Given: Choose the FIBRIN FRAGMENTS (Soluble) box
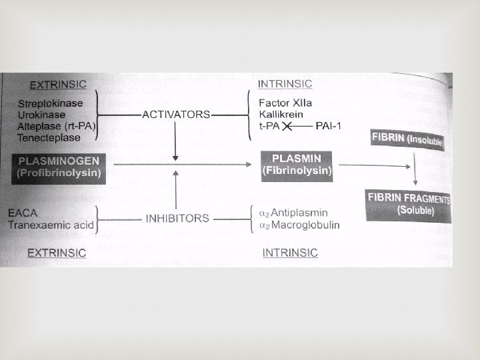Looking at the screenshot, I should click(408, 205).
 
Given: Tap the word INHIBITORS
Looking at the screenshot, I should click(177, 218).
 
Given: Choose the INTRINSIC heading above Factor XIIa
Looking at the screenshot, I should click(284, 83).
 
